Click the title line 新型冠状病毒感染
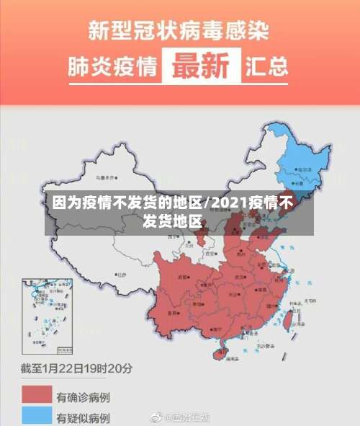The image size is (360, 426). [179, 30]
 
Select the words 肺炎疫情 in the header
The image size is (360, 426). [112, 67]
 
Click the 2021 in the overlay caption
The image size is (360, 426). [230, 203]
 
